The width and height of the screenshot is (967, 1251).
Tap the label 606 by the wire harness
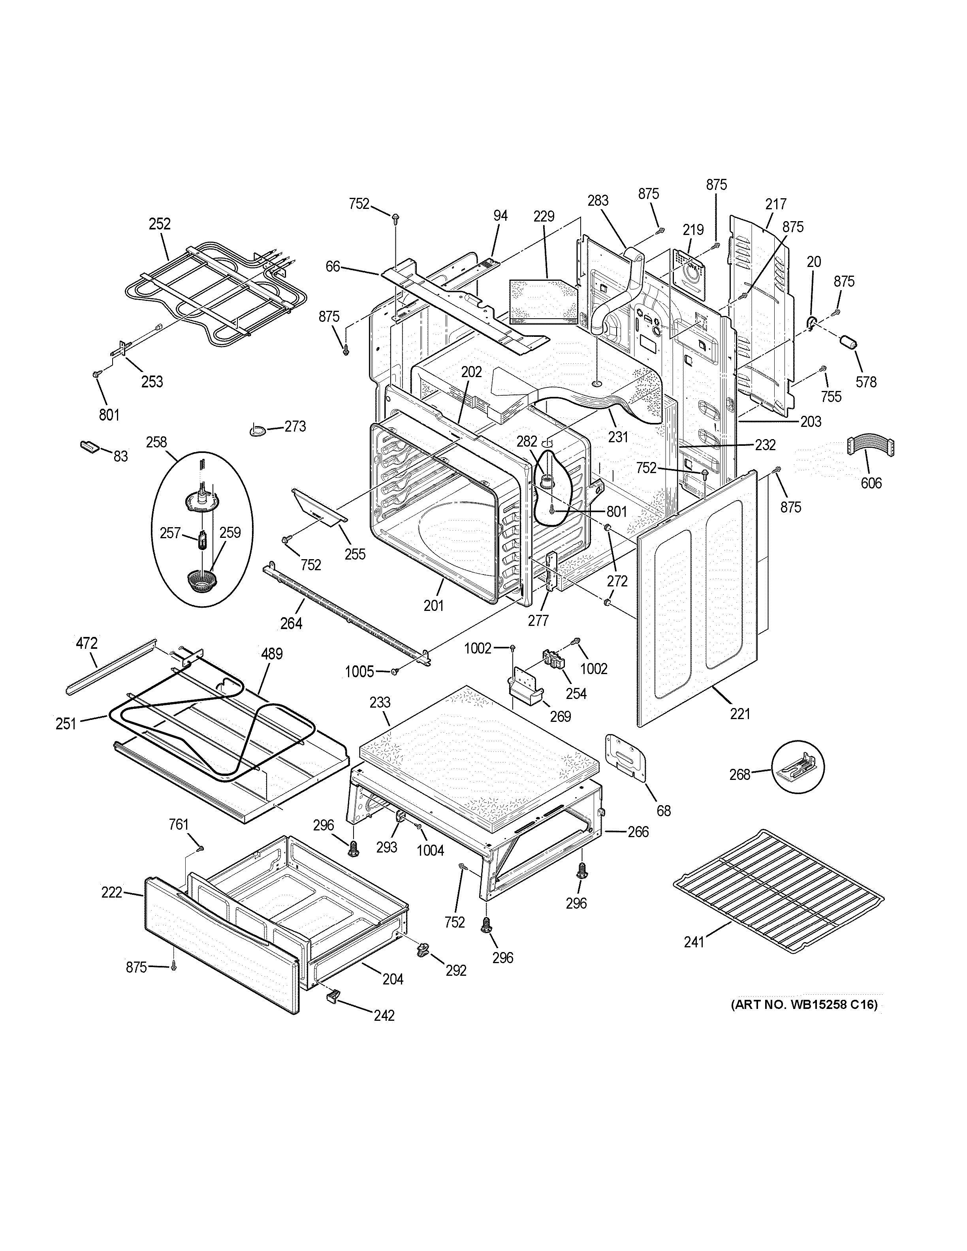[x=871, y=483]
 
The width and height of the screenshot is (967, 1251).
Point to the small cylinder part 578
[x=848, y=342]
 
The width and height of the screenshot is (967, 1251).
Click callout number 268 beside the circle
[x=739, y=774]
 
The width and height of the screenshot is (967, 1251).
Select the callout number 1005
[x=359, y=671]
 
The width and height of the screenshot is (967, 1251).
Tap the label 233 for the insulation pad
[x=380, y=702]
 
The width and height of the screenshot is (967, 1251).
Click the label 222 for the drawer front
[x=112, y=892]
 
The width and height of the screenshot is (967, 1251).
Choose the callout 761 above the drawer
[x=179, y=824]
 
